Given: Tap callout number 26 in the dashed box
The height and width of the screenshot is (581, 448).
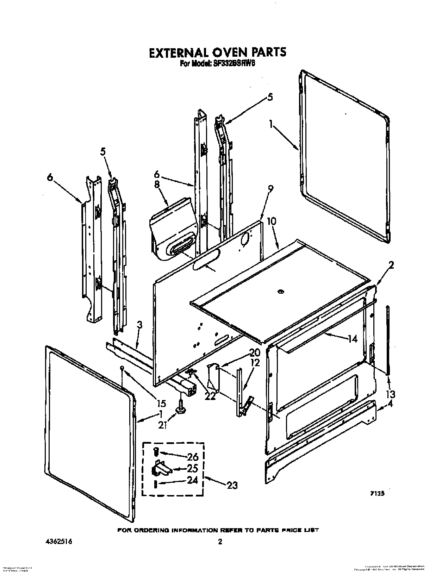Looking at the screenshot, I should click(x=192, y=457).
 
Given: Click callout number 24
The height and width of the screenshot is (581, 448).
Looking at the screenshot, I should click(x=192, y=480).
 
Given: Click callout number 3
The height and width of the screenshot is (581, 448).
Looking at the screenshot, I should click(x=139, y=325).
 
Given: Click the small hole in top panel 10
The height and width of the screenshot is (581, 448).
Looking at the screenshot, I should click(x=280, y=291).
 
